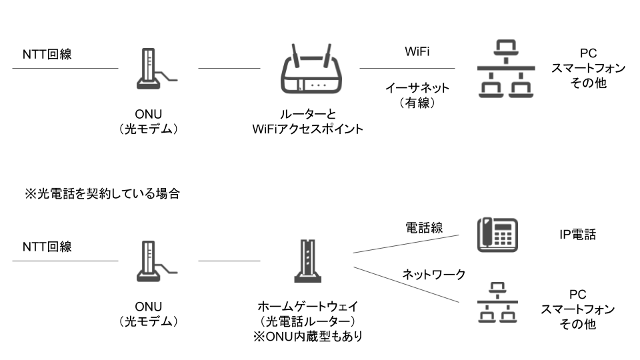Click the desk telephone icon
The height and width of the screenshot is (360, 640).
[497, 235]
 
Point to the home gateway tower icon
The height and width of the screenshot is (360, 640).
[308, 261]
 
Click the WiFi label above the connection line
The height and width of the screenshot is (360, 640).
[417, 52]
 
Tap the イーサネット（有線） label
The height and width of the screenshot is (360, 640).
[417, 95]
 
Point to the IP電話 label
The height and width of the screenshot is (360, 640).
[577, 234]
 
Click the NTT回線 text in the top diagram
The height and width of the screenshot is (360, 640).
[47, 54]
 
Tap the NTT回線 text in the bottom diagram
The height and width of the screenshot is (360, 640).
[47, 246]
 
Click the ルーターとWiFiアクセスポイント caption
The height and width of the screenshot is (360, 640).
[312, 122]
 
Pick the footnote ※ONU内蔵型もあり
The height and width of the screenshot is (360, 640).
[308, 337]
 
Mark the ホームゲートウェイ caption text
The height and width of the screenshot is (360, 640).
[308, 307]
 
